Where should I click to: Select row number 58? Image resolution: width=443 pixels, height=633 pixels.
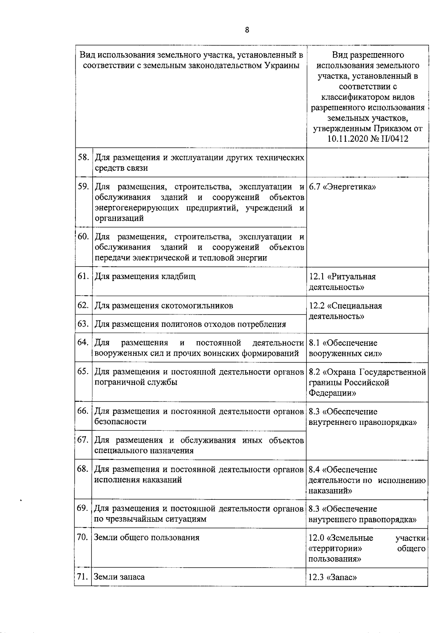coord(83,157)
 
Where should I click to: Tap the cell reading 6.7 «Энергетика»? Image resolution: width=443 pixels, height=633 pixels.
coord(342,187)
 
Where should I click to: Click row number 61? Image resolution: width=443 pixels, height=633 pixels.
coord(83,276)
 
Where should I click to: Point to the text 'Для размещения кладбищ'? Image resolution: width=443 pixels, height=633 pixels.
coord(145,276)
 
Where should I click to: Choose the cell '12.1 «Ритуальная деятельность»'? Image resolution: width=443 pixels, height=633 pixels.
coord(342,282)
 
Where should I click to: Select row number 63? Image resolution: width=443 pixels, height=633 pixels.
coord(83,324)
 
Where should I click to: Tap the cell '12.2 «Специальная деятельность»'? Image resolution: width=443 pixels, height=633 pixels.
coord(345,311)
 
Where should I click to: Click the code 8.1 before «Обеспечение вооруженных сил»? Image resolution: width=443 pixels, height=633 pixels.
coord(314,343)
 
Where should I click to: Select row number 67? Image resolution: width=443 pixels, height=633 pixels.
coord(83,440)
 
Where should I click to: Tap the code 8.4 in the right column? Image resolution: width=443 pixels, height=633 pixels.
coord(314,470)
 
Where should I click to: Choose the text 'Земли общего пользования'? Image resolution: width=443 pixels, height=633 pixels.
coord(147,537)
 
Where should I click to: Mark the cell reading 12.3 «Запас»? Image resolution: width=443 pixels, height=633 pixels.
coord(333,577)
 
